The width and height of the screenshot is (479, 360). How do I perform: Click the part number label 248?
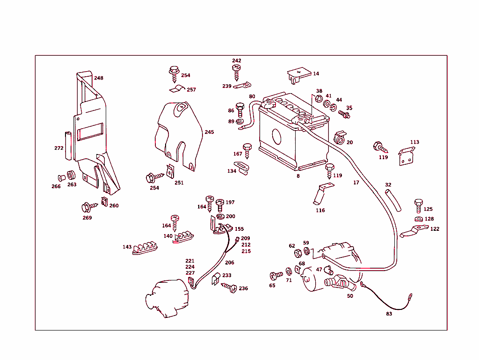[x=99, y=78]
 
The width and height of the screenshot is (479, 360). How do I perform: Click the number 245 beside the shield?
[x=209, y=132]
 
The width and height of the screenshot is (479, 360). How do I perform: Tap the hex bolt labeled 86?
[x=240, y=110]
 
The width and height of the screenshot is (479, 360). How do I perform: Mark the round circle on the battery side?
[x=276, y=137]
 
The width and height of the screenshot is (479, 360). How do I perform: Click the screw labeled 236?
[x=231, y=287]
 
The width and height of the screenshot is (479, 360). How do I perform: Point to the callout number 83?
[x=389, y=314]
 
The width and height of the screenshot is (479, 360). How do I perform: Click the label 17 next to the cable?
[x=356, y=183]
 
